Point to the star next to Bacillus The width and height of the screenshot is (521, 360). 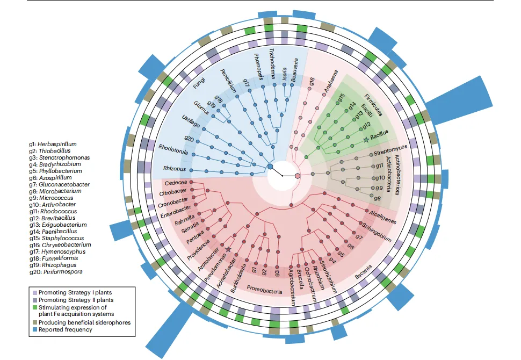click(366, 139)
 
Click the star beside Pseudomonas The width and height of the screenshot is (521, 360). click(228, 249)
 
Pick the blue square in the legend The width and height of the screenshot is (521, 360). click(33, 329)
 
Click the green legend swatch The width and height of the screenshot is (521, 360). click(33, 307)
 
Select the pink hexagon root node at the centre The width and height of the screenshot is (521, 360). click(298, 176)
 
